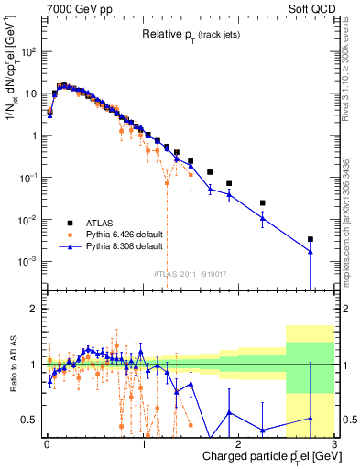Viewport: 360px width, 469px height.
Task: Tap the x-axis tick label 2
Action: (240, 442)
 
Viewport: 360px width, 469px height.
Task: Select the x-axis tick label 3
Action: (336, 442)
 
